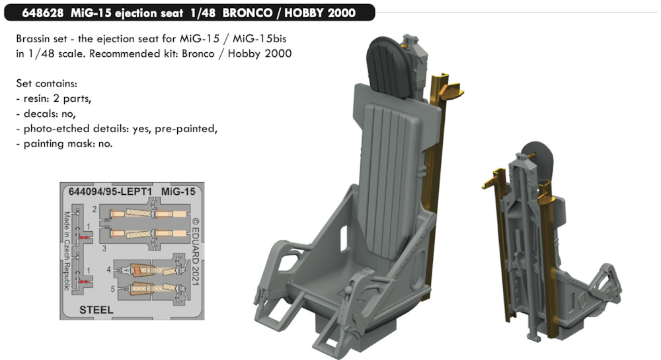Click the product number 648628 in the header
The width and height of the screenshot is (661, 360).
42,13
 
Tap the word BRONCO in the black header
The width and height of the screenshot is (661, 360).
247,13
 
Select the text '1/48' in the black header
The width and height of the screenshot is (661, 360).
203,13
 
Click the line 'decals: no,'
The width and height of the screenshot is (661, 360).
50,114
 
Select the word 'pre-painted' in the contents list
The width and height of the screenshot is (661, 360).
186,129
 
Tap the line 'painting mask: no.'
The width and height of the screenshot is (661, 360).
68,144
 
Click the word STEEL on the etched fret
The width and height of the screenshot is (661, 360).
96,310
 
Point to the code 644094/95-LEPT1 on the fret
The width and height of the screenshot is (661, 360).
110,192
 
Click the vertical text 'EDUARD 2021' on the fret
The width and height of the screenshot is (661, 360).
196,252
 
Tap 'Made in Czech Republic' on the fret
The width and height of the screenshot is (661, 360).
67,251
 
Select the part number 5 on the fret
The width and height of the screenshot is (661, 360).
112,289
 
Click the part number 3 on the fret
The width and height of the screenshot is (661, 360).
104,248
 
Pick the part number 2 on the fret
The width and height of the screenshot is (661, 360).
95,209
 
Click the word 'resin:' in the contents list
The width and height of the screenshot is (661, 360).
36,98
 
